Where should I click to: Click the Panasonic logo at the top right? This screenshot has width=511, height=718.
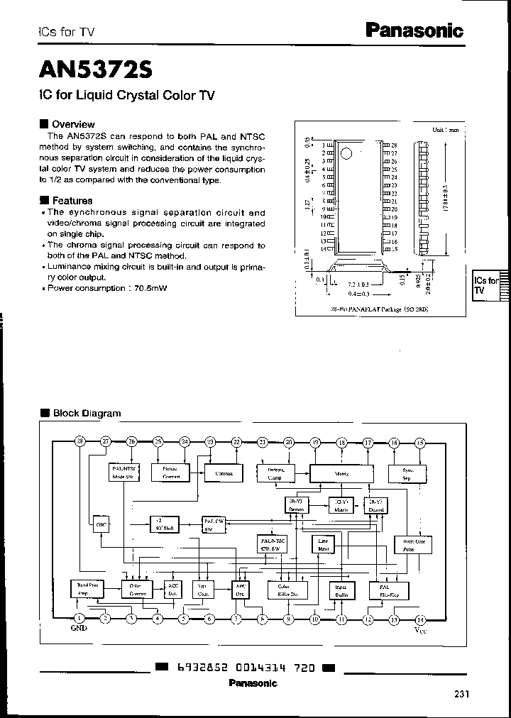[x=414, y=30]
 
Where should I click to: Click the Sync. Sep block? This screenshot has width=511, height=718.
[x=407, y=473]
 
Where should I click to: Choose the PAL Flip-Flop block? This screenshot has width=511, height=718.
[x=383, y=590]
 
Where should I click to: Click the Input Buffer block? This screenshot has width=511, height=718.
[x=341, y=590]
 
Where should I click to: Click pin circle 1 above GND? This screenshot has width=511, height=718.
[x=78, y=619]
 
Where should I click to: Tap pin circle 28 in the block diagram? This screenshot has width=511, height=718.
[x=79, y=442]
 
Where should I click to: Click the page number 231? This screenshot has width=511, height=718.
[x=461, y=695]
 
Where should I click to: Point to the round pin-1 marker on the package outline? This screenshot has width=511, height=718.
[x=346, y=154]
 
